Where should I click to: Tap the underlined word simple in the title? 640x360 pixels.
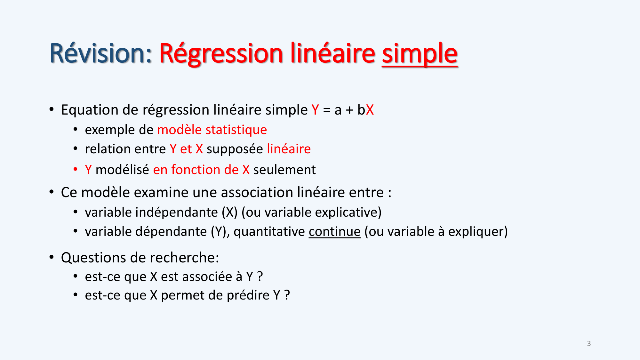(x=420, y=54)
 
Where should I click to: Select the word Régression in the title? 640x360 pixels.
(x=221, y=54)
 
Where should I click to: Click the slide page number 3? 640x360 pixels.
(x=589, y=343)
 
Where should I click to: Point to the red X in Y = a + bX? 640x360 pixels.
(x=370, y=110)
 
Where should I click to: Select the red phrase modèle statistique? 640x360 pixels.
(x=212, y=130)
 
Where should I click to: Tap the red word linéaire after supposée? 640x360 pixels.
(x=289, y=149)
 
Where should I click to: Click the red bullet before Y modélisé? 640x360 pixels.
(x=76, y=169)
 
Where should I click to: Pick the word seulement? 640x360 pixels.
(x=284, y=170)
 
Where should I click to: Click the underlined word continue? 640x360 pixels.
(x=334, y=232)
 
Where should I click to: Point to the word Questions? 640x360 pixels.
(x=96, y=258)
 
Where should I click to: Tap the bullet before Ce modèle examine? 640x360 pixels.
(x=52, y=192)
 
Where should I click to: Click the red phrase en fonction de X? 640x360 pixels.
(x=201, y=170)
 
